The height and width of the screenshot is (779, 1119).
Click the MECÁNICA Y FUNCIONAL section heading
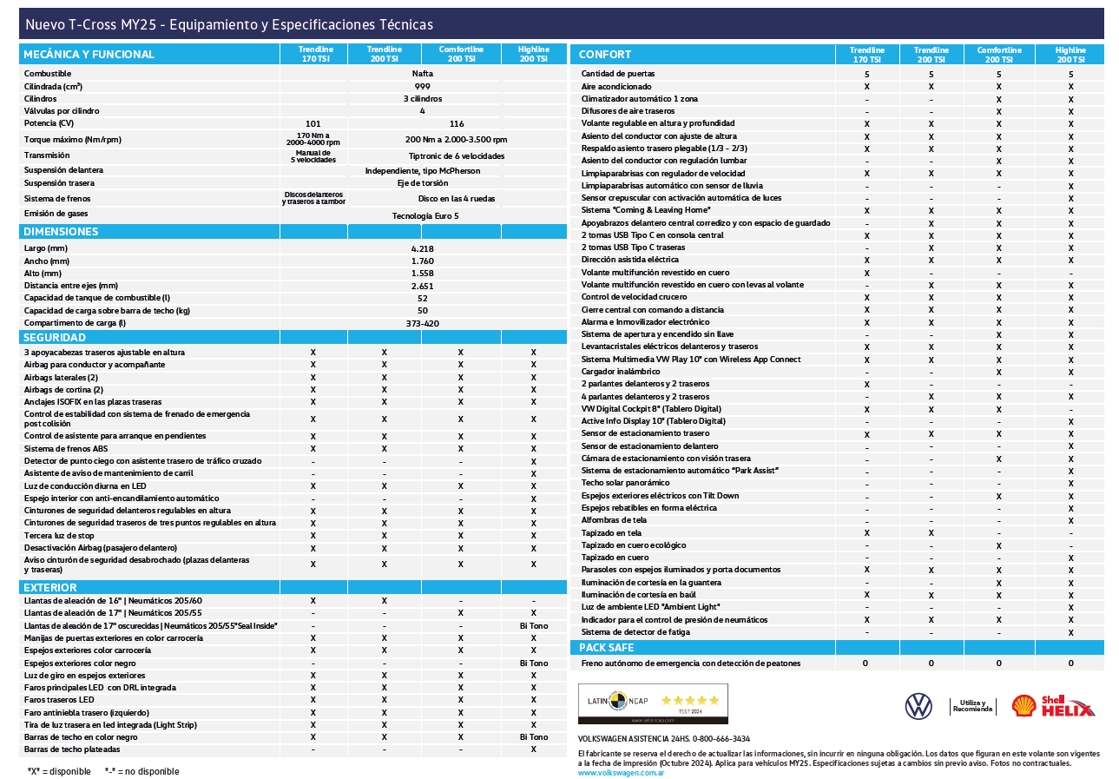(x=89, y=54)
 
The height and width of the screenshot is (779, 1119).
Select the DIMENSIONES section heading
(x=61, y=232)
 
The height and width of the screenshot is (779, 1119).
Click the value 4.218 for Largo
(x=423, y=248)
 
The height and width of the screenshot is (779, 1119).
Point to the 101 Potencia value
(x=313, y=123)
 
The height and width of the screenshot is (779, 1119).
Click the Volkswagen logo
(x=918, y=706)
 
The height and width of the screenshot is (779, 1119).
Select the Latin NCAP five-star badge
(x=653, y=703)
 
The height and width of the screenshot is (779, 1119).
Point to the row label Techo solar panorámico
(x=625, y=483)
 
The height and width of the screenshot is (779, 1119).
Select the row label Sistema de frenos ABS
(x=66, y=448)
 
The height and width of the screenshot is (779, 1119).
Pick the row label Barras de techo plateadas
(x=72, y=749)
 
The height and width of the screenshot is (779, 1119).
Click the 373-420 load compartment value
(x=423, y=323)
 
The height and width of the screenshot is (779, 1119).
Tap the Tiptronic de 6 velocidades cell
(x=456, y=156)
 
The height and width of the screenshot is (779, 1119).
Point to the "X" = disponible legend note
(x=59, y=771)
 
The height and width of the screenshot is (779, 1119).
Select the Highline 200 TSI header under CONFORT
(x=1070, y=55)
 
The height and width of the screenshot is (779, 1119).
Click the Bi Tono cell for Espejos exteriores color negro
(x=533, y=663)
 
